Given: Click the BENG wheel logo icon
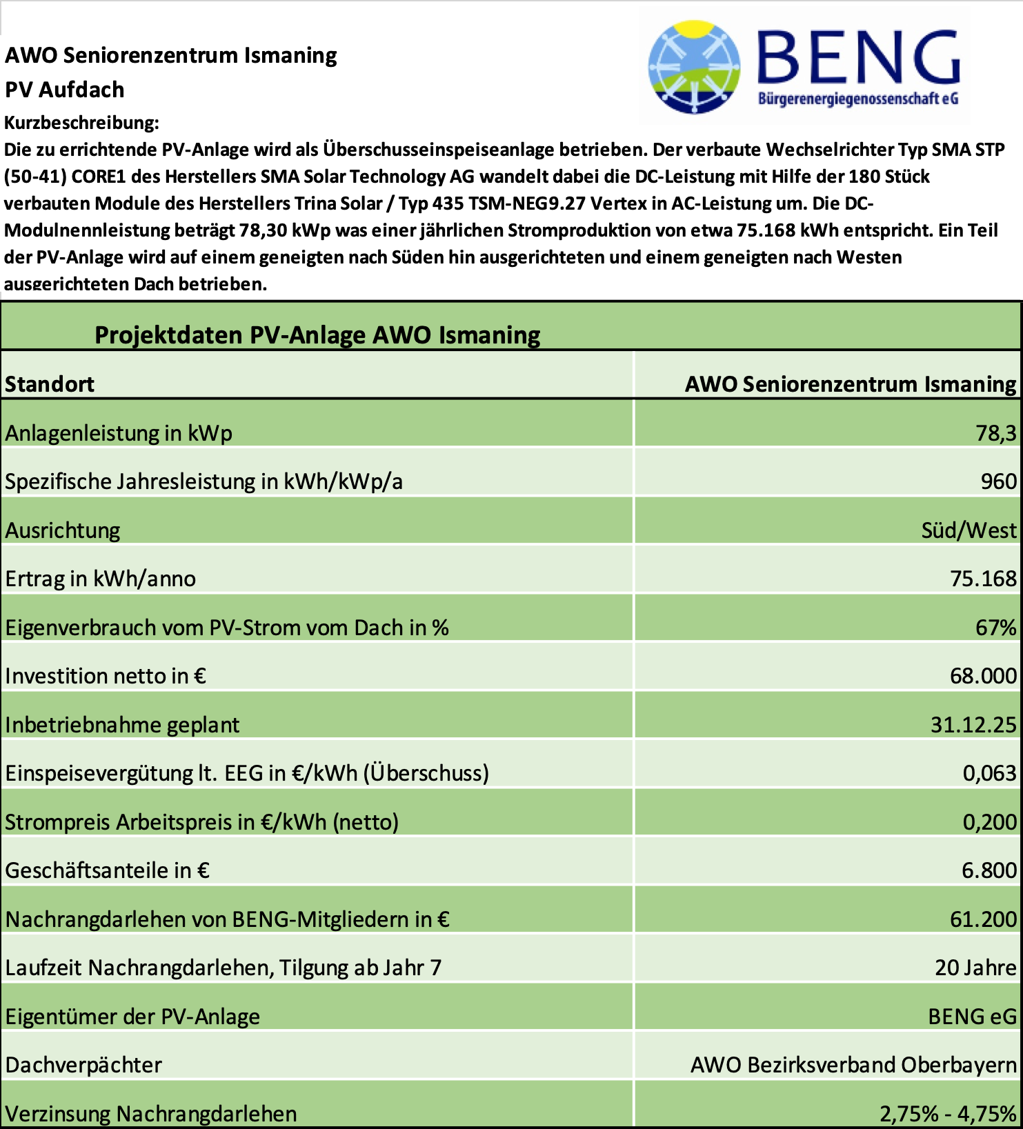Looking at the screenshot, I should click(x=694, y=67).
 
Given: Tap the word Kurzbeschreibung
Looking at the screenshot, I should click(x=81, y=123).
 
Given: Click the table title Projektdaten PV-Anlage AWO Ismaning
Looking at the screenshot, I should click(x=317, y=335).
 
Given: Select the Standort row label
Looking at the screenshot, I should click(x=50, y=384).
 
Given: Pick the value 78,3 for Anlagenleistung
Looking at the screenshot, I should click(x=995, y=433).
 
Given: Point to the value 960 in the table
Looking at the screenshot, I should click(x=998, y=481).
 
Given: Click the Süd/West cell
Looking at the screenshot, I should click(x=969, y=530).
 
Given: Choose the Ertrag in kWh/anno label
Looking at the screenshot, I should click(x=101, y=579).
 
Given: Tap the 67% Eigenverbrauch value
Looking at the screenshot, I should click(x=995, y=628).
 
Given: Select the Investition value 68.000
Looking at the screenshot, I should click(x=983, y=676).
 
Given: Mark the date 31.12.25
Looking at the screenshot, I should click(x=973, y=725).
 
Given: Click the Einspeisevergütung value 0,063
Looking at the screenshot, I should click(x=989, y=773).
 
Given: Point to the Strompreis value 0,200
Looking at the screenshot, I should click(x=989, y=822).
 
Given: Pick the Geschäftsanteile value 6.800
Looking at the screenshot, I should click(x=989, y=870).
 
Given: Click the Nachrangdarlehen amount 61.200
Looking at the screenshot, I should click(x=983, y=919).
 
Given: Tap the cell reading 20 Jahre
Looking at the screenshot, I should click(x=975, y=968).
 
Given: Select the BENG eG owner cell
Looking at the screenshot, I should click(x=972, y=1017).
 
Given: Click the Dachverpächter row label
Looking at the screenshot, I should click(x=83, y=1065).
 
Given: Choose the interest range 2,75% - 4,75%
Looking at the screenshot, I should click(x=948, y=1114).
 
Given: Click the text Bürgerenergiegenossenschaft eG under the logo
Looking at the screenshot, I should click(x=858, y=99).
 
